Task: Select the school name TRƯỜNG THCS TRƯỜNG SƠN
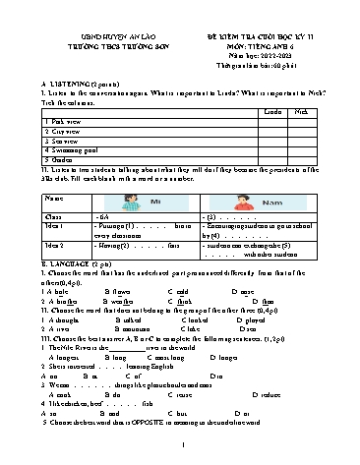[99, 27]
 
